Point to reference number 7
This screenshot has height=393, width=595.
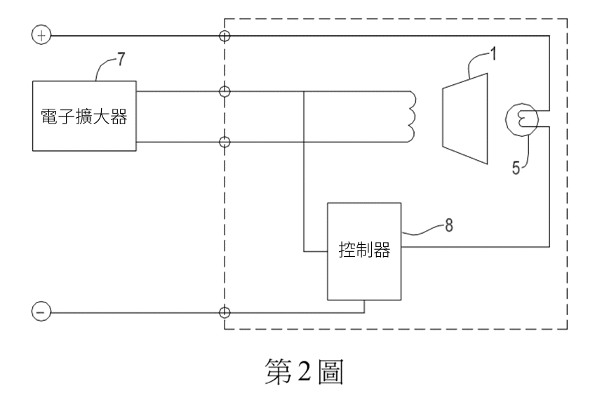click(121, 59)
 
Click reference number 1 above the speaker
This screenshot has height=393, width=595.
click(493, 54)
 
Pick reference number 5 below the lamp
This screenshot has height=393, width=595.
click(516, 168)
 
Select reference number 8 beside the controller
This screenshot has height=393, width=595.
click(449, 225)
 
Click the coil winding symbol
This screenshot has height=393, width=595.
click(412, 116)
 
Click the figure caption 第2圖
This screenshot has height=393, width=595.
click(305, 371)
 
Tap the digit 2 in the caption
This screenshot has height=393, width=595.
click(305, 371)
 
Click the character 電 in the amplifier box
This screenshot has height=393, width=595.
click(49, 116)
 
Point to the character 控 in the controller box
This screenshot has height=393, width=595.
click(347, 250)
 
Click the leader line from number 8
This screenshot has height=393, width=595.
click(422, 230)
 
